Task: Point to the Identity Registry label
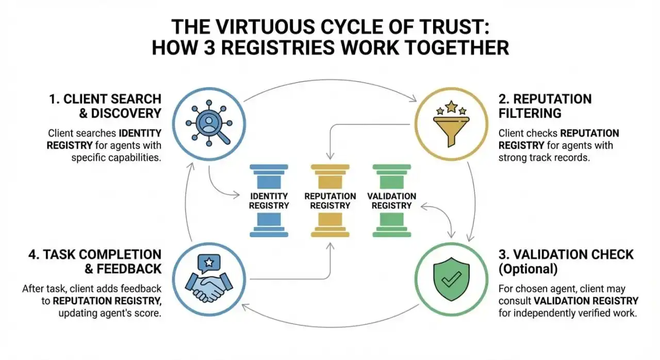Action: [269, 201]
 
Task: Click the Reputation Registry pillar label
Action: [330, 201]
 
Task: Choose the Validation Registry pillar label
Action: [392, 201]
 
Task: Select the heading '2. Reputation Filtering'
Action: [545, 105]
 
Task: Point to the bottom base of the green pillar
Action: [392, 234]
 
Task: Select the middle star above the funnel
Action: [451, 107]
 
